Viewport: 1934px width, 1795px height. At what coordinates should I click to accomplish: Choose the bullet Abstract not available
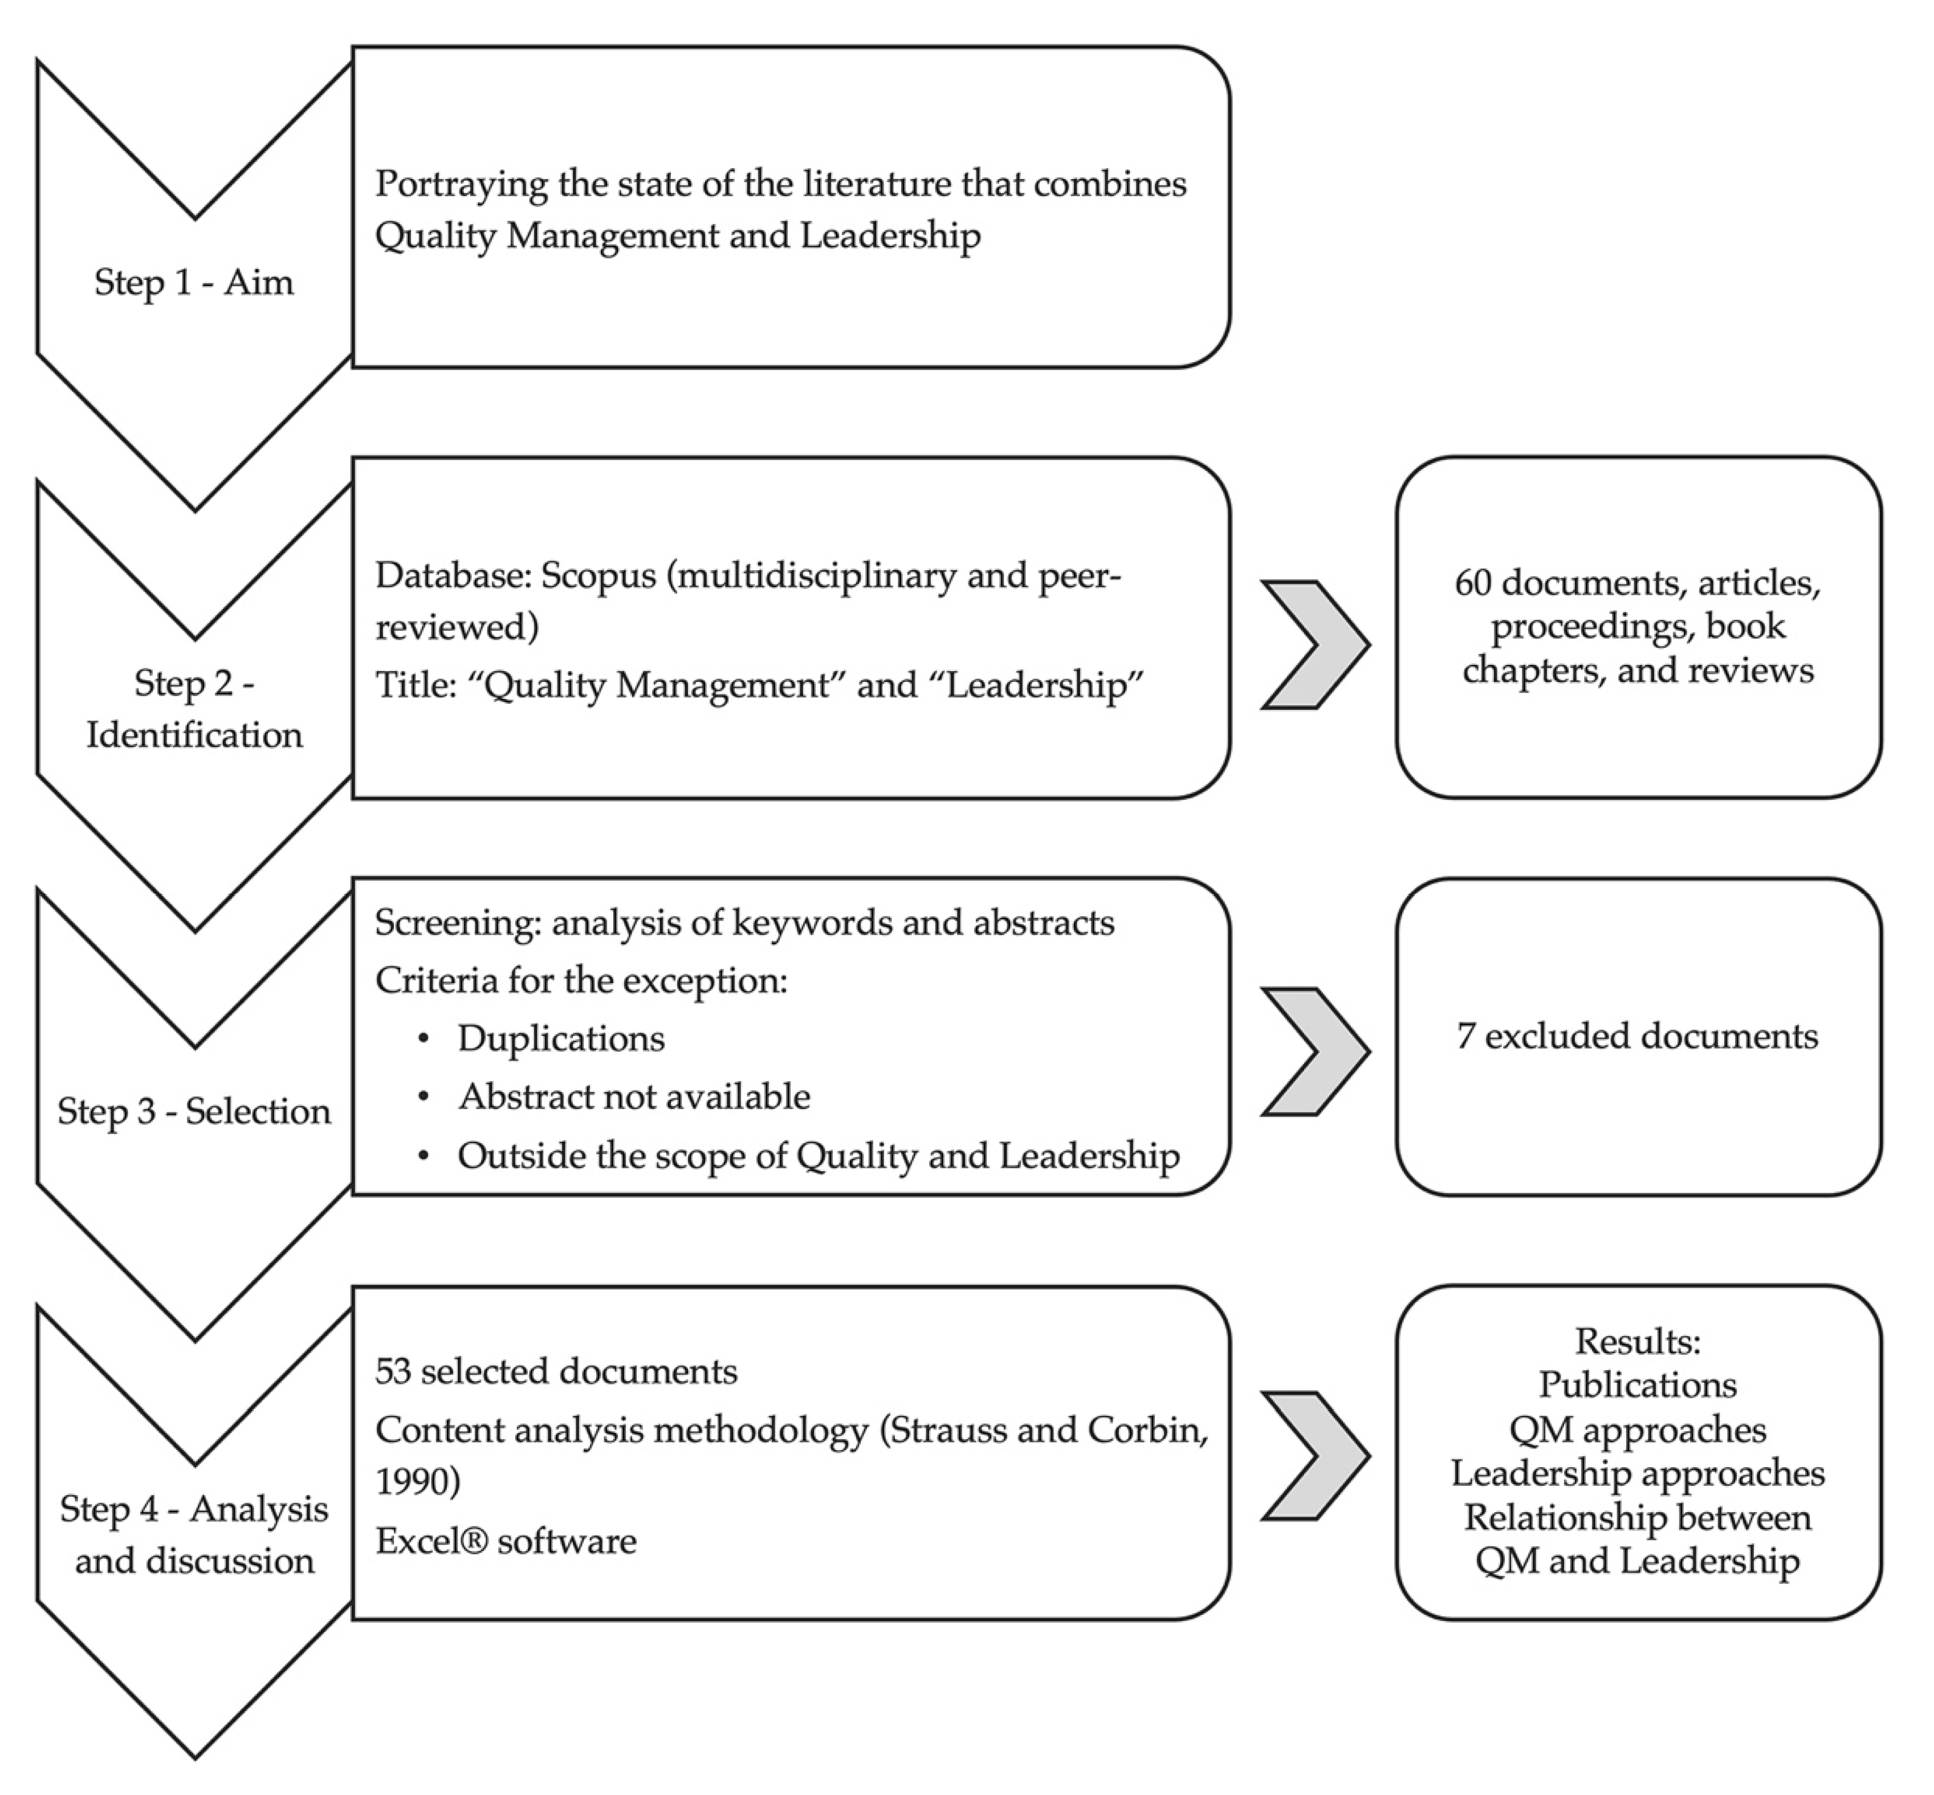633,1096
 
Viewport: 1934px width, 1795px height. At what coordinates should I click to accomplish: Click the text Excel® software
505,1541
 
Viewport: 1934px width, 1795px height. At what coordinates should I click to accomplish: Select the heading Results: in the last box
1637,1341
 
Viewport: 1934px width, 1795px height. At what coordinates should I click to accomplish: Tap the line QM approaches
1637,1429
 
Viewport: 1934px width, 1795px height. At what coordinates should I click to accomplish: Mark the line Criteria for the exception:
581,980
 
